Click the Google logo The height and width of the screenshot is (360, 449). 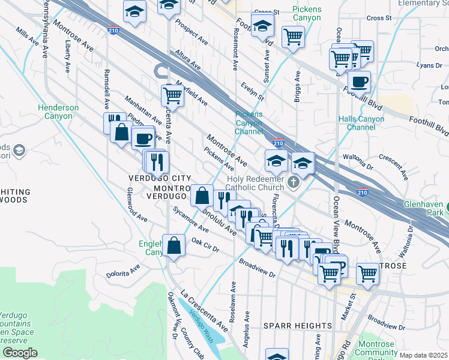(x=19, y=353)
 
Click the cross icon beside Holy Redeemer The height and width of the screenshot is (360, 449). (x=294, y=182)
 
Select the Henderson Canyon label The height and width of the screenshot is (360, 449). (x=58, y=112)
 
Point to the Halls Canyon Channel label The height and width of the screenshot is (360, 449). (x=361, y=123)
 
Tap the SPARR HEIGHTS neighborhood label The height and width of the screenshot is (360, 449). (x=298, y=326)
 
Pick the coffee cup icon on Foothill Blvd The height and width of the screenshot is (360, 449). (x=359, y=82)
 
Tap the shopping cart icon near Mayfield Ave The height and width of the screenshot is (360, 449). (x=172, y=94)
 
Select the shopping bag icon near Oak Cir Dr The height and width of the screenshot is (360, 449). (x=173, y=245)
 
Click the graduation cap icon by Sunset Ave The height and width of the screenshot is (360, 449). (x=262, y=26)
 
